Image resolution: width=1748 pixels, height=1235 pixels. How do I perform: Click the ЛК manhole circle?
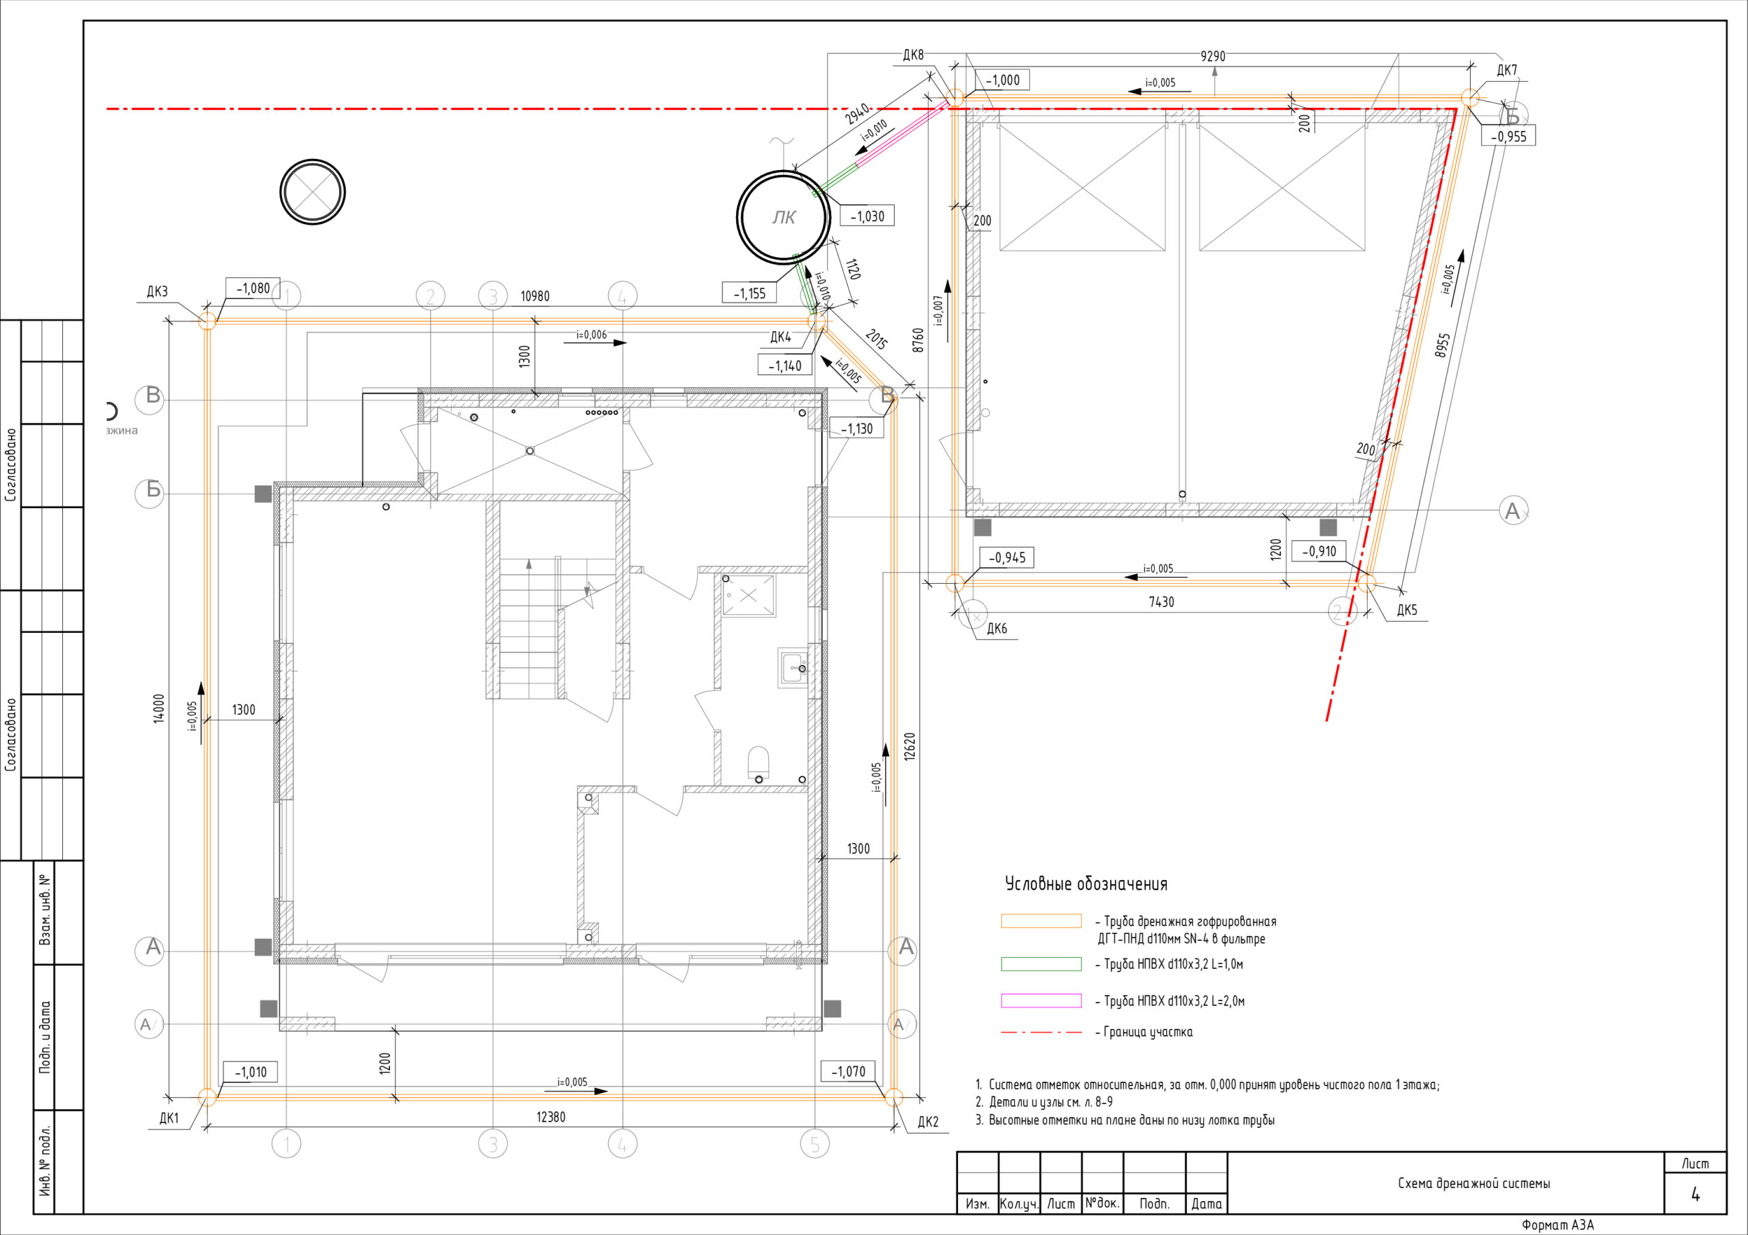[783, 173]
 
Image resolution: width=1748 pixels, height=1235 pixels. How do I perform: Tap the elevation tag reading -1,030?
[867, 216]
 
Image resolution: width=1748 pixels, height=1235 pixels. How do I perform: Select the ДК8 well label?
[913, 55]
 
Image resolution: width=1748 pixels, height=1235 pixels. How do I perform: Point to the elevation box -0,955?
[1508, 136]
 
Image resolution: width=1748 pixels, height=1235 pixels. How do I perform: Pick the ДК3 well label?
[157, 292]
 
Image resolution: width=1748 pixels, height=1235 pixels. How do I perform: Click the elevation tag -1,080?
[253, 289]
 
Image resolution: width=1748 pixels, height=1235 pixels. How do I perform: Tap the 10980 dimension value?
[535, 296]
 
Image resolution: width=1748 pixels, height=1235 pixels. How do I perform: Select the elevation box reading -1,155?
[749, 293]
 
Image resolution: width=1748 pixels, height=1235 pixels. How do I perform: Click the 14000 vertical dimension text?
[158, 708]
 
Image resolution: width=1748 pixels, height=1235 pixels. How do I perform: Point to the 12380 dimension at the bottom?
[551, 1117]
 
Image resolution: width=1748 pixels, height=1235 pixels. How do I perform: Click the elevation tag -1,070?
[848, 1071]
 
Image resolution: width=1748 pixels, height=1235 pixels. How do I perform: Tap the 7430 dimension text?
[1161, 601]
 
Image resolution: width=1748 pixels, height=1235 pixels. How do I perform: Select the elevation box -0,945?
[1006, 557]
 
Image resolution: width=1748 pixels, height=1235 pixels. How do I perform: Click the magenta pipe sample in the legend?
[1041, 1000]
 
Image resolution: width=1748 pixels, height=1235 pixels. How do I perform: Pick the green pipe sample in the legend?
[1041, 964]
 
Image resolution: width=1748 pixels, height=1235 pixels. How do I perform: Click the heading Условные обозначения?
[1086, 884]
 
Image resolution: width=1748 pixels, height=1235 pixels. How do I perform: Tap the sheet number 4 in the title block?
[1695, 1195]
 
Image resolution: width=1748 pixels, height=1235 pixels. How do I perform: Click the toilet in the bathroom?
[759, 763]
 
